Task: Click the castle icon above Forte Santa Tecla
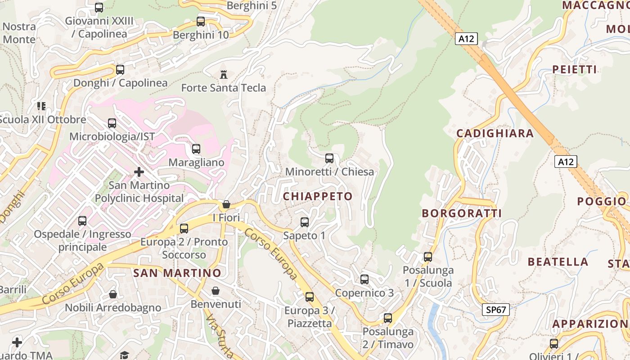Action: point(223,74)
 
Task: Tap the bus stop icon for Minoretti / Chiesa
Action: point(329,158)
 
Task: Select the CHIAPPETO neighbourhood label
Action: point(318,196)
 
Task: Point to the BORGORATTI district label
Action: point(462,213)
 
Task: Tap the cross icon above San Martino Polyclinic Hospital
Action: point(139,172)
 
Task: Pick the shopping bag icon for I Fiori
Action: point(226,204)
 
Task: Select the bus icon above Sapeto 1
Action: point(305,222)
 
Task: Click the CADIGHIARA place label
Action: point(495,133)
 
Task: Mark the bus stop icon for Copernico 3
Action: point(364,279)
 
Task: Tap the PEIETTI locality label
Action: point(575,69)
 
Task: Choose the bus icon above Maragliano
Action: point(196,149)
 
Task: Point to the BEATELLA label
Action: point(558,262)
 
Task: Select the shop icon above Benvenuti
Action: point(216,291)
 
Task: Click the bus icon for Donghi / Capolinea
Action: point(120,70)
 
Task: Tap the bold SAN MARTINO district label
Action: point(177,273)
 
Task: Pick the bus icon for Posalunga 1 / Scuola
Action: point(428,257)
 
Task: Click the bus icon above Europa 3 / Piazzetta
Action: point(310,297)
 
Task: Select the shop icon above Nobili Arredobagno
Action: point(113,294)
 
